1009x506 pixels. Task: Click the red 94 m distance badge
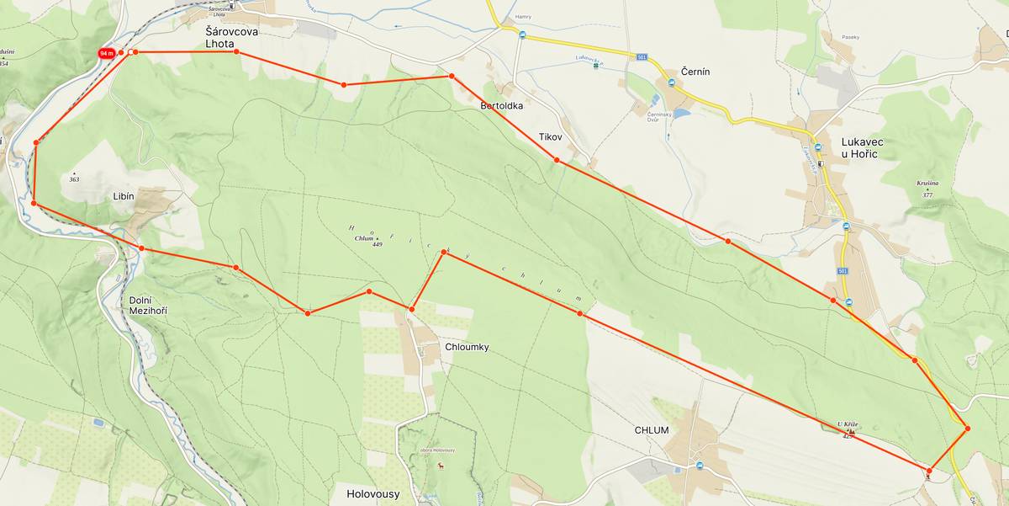coord(106,53)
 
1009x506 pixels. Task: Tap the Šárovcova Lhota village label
coord(232,37)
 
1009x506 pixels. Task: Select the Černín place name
coord(695,72)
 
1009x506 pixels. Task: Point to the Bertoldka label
coord(502,106)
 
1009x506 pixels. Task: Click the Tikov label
coord(550,136)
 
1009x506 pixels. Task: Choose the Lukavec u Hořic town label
coord(871,148)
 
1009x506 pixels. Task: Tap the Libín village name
coord(124,195)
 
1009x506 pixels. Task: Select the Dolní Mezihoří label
coord(148,305)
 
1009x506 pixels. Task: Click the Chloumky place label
coord(466,347)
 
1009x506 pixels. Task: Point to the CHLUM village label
coord(652,430)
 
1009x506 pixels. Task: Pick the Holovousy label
coord(372,494)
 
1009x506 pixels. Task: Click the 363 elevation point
coord(74,177)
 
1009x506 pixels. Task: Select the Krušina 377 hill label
coord(927,188)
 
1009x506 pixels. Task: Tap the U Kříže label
coord(847,424)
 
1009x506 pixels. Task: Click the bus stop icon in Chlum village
coord(700,466)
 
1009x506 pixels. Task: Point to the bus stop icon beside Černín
coord(671,83)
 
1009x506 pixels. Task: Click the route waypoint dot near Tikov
coord(557,160)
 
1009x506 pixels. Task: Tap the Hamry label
coord(523,16)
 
